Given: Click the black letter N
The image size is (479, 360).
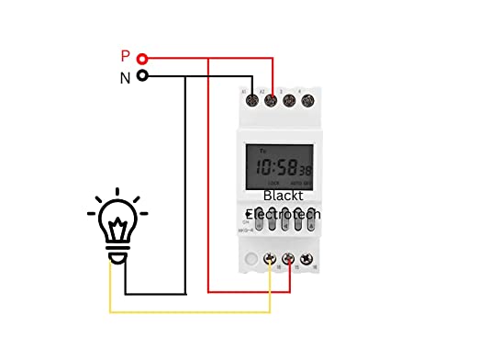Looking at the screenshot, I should [125, 78].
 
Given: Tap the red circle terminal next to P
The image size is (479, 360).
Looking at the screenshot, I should [142, 57].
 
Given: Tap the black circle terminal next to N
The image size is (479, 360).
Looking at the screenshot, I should [142, 77].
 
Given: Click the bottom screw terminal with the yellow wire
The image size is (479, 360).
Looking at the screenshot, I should [270, 262].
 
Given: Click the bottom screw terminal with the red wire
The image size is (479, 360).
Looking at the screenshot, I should [290, 262].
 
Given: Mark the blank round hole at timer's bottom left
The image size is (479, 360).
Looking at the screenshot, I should [251, 262].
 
